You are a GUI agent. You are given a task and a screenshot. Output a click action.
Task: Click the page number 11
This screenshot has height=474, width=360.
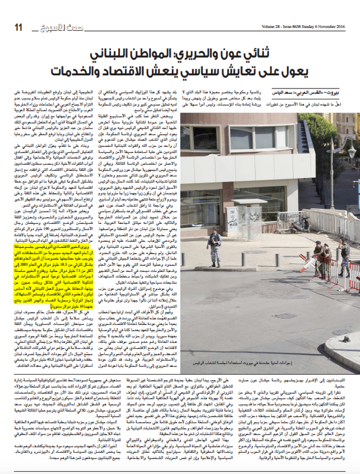tap(18, 28)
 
